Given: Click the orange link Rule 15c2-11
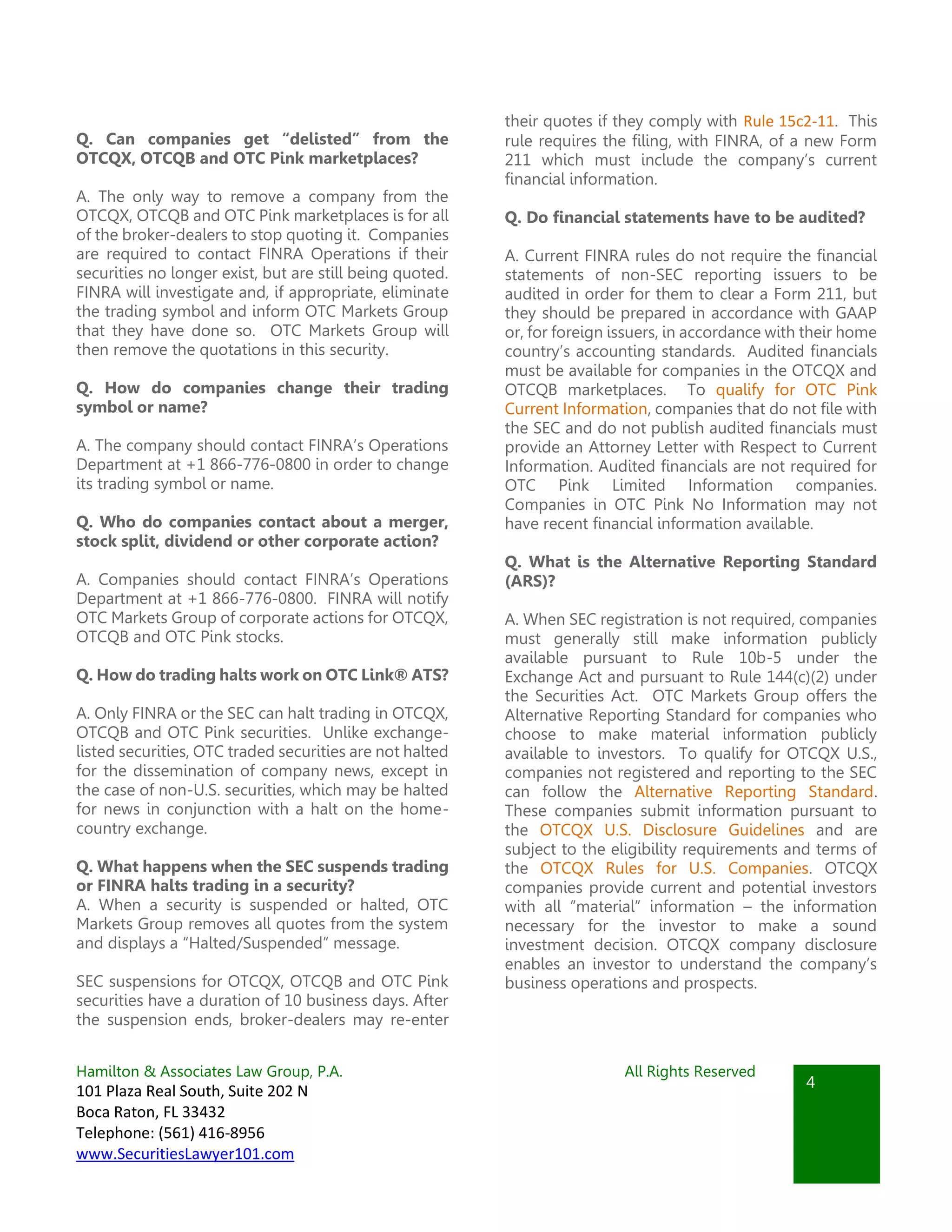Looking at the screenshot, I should coord(788,121).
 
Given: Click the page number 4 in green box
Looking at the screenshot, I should coord(810,1082).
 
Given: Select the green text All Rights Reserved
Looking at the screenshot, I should coord(689,1071).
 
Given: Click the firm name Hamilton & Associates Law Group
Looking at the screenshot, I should coord(209,1071).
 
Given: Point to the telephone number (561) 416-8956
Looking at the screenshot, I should coord(211,1133).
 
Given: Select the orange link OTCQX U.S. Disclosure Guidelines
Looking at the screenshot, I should coord(672,830).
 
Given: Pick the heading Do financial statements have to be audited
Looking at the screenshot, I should coord(685,218).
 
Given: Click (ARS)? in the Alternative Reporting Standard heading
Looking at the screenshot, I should coord(529,581).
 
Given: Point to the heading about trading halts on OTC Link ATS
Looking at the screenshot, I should coord(262,675).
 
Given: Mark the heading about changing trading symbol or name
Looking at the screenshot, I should coord(262,397).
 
